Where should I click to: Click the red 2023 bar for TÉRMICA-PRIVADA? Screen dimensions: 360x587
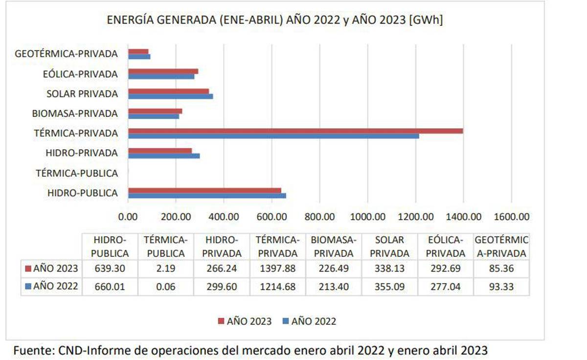tap(295, 131)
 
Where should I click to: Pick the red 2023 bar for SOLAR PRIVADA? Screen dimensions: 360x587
tap(168, 91)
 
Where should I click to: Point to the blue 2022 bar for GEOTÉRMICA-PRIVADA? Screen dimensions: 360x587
tap(139, 57)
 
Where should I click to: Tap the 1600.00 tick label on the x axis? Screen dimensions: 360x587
tap(511, 217)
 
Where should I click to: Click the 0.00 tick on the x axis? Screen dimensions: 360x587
tap(128, 217)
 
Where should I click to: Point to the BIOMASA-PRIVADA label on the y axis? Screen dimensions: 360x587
tap(75, 113)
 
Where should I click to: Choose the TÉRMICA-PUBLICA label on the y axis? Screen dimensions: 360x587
tap(77, 173)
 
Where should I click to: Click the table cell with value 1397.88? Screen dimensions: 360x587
tap(278, 268)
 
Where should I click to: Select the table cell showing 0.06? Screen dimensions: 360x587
tap(166, 287)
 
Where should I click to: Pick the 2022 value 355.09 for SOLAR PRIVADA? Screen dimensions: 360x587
tap(389, 287)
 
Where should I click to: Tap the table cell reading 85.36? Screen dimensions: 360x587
tap(501, 268)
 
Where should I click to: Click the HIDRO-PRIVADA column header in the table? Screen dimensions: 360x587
tap(222, 247)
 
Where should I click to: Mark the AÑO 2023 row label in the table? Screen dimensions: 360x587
tap(51, 268)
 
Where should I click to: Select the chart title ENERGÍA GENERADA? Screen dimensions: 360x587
tap(275, 21)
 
